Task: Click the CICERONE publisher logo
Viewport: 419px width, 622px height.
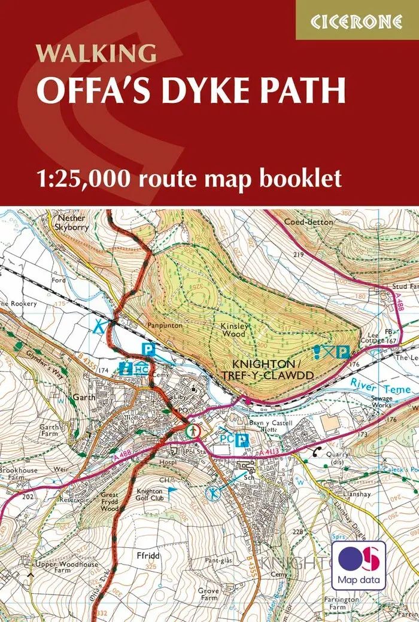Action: [x=357, y=20]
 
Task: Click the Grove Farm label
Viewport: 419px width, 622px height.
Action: [x=209, y=593]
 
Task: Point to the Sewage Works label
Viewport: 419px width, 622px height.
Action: [x=381, y=402]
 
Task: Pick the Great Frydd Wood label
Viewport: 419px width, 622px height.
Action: [x=110, y=501]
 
